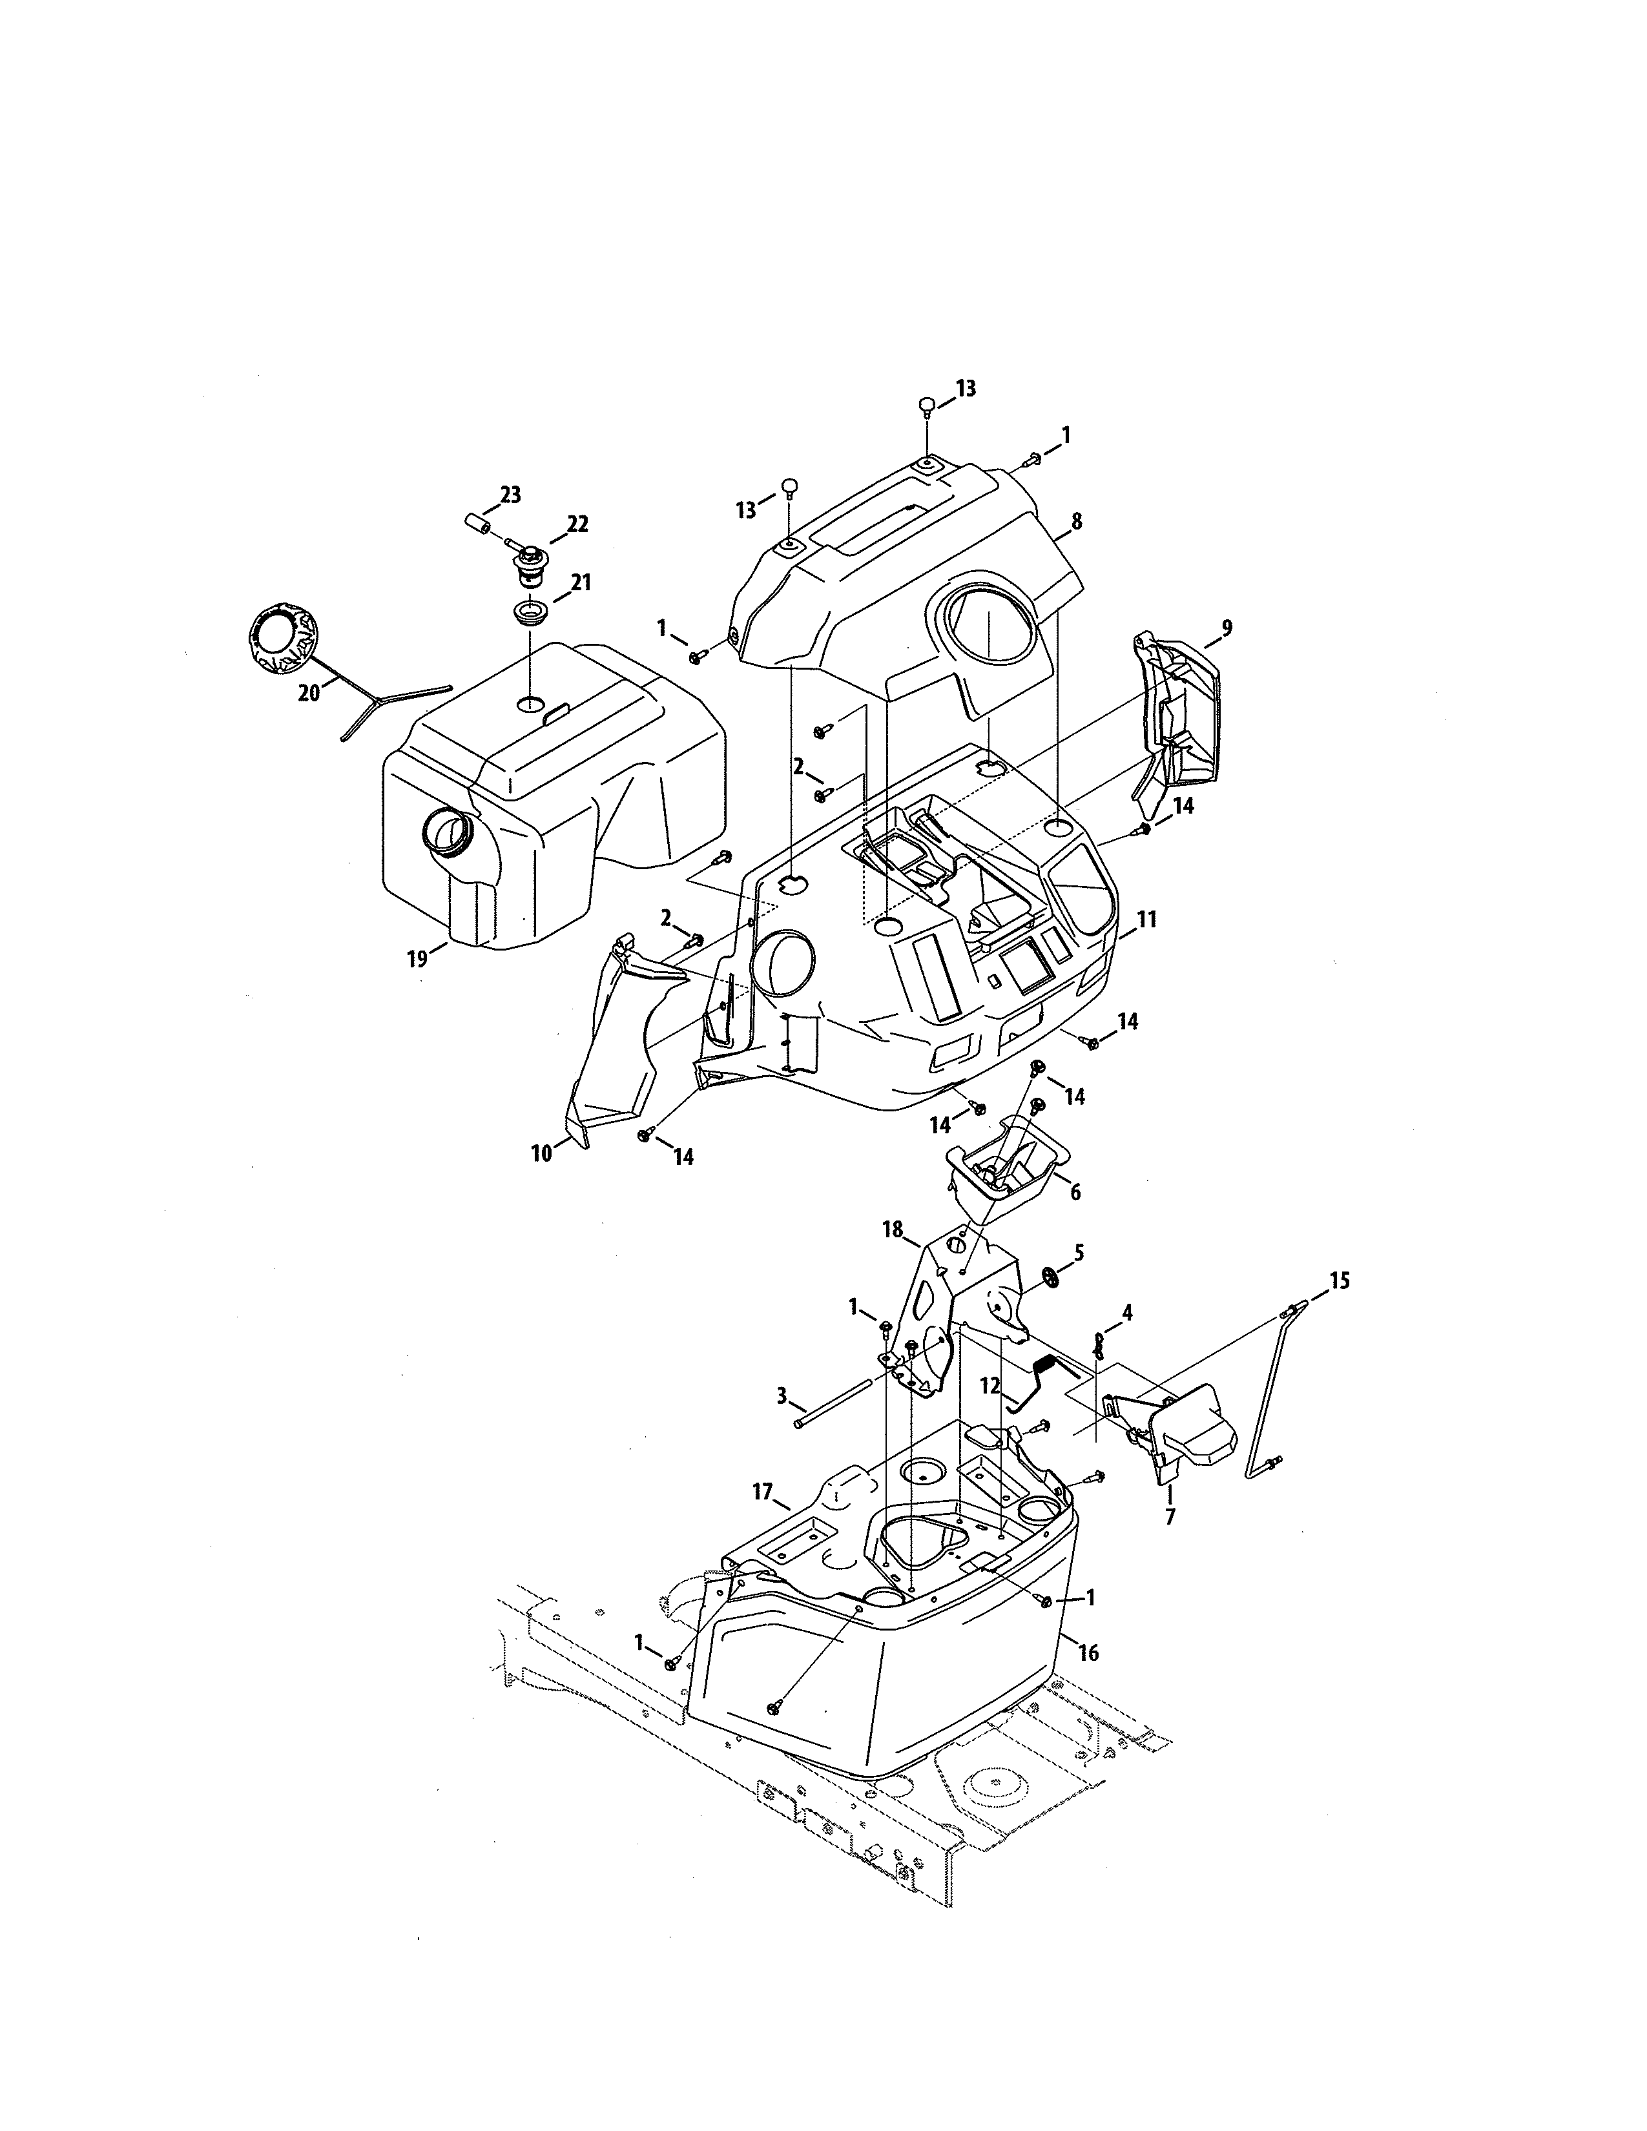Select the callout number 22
click(x=577, y=525)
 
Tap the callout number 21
click(x=581, y=582)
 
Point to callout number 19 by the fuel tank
click(x=418, y=959)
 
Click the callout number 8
click(x=1076, y=522)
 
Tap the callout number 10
click(x=541, y=1153)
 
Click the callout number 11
click(x=1146, y=919)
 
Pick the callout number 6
click(x=1075, y=1192)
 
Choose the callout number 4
click(x=1127, y=1313)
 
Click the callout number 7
click(x=1170, y=1518)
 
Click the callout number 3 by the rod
click(x=782, y=1396)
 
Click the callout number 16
click(x=1089, y=1653)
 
